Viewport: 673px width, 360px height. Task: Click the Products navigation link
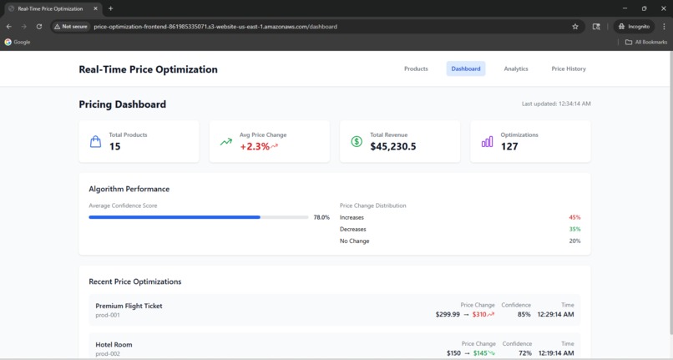(416, 68)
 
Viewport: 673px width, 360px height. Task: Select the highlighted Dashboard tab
(466, 68)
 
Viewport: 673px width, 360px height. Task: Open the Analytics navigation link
(516, 68)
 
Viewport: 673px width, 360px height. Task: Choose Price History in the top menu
(569, 68)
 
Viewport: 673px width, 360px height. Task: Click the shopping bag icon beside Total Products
(95, 142)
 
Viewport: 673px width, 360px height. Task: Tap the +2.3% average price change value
(255, 146)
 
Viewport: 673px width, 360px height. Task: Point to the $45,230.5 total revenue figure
(392, 146)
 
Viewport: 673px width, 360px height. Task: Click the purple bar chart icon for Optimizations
(487, 142)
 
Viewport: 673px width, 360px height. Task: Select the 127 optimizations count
(509, 146)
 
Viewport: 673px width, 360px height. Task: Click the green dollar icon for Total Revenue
(357, 142)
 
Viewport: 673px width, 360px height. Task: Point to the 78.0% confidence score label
(321, 217)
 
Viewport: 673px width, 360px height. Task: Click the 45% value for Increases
(574, 217)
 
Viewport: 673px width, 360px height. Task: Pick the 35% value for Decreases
(574, 229)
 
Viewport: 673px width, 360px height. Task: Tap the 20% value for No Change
(574, 241)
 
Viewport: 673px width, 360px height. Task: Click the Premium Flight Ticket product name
(129, 306)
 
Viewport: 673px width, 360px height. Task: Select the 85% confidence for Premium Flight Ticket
(524, 315)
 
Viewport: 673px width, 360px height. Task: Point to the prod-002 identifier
(108, 353)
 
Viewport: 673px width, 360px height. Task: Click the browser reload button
(38, 26)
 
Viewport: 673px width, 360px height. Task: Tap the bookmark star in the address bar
(575, 26)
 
